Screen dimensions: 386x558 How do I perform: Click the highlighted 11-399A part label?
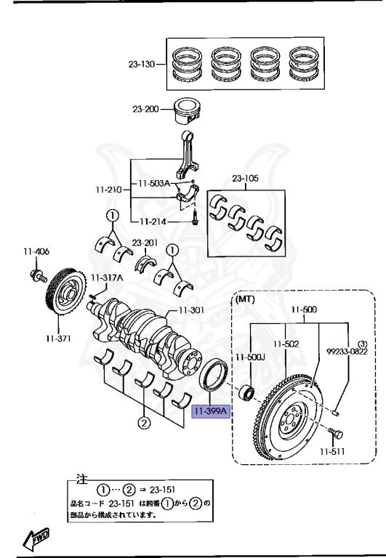211,411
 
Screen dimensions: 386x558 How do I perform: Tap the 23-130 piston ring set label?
142,65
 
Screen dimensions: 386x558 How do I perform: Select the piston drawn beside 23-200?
188,110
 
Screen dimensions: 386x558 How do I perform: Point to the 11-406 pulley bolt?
38,275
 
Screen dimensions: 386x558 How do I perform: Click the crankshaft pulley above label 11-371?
66,292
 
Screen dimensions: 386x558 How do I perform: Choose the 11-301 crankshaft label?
191,310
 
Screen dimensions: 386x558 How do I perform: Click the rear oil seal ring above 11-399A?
213,376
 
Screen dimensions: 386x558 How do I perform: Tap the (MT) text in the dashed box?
245,299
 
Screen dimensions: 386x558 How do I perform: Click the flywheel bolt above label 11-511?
335,434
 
